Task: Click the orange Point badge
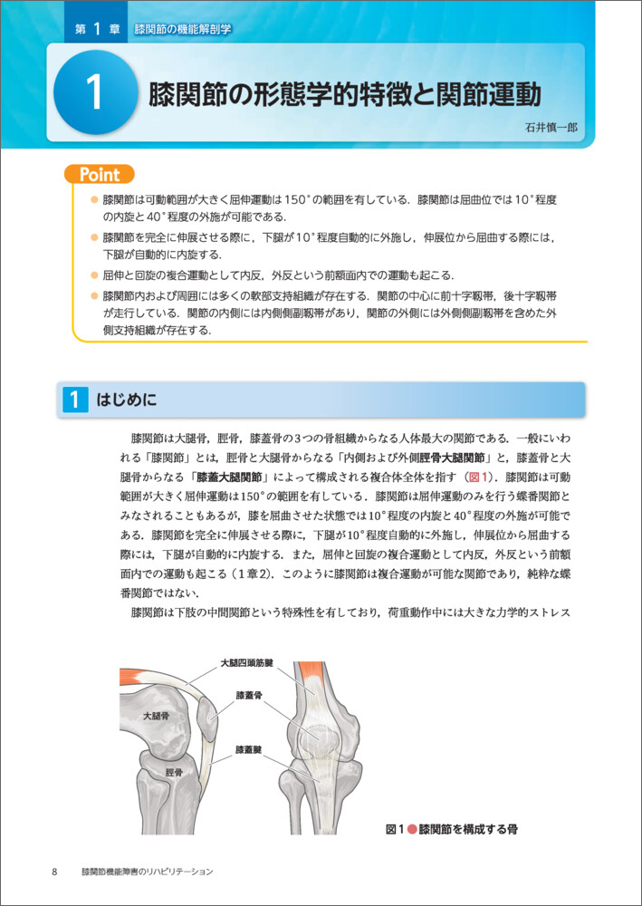[100, 174]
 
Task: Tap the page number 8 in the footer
[55, 872]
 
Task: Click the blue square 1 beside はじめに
[73, 400]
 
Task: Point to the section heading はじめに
[126, 400]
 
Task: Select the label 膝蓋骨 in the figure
[248, 696]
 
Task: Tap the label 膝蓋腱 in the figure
[248, 749]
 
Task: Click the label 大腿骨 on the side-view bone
[156, 716]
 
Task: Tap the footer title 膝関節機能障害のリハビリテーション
[146, 872]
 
